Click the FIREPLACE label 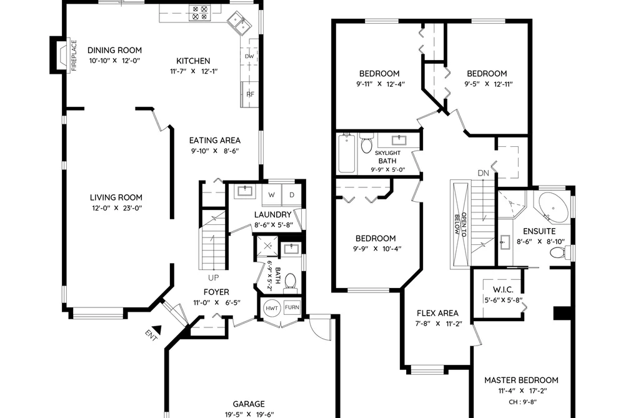pos(74,55)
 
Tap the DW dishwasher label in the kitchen pos(249,56)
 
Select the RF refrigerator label pos(251,94)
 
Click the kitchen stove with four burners pos(200,13)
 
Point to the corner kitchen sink pos(239,22)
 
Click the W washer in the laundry pos(272,195)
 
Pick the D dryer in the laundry pos(291,195)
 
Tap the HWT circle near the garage pos(272,308)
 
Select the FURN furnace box pos(292,307)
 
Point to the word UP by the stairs pos(213,277)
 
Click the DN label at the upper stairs pos(483,173)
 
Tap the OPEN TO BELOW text pos(461,224)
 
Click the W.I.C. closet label pos(503,290)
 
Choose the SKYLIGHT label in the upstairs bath pos(387,153)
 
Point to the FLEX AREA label pos(437,313)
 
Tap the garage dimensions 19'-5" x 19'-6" pos(249,414)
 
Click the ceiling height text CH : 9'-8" pos(521,402)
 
